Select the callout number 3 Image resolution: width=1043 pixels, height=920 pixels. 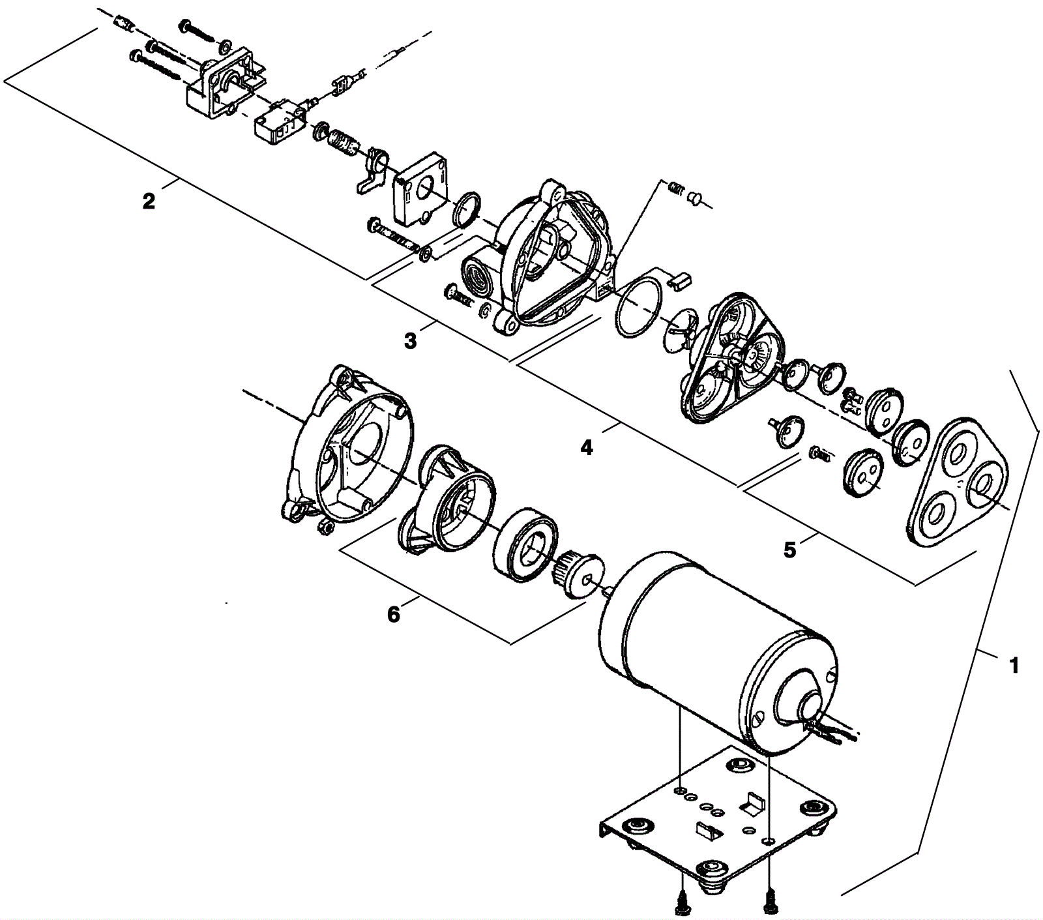pyautogui.click(x=410, y=340)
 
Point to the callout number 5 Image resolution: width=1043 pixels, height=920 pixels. pyautogui.click(x=789, y=550)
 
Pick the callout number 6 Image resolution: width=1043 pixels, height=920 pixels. pyautogui.click(x=394, y=615)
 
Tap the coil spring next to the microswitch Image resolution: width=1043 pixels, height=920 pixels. pyautogui.click(x=343, y=143)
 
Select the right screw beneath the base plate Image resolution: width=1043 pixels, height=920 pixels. pyautogui.click(x=770, y=902)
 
